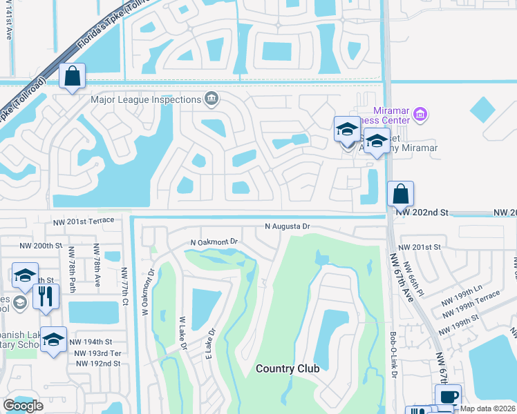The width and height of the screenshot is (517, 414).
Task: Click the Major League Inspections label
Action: [146, 99]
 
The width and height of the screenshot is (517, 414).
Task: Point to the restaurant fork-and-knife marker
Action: [46, 296]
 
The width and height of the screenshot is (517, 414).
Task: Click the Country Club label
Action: [288, 368]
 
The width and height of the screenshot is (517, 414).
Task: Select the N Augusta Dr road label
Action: [288, 226]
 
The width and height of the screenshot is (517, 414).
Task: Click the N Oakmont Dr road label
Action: [214, 242]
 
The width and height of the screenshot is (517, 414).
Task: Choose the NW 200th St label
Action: [41, 246]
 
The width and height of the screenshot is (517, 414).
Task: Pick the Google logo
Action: [23, 406]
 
